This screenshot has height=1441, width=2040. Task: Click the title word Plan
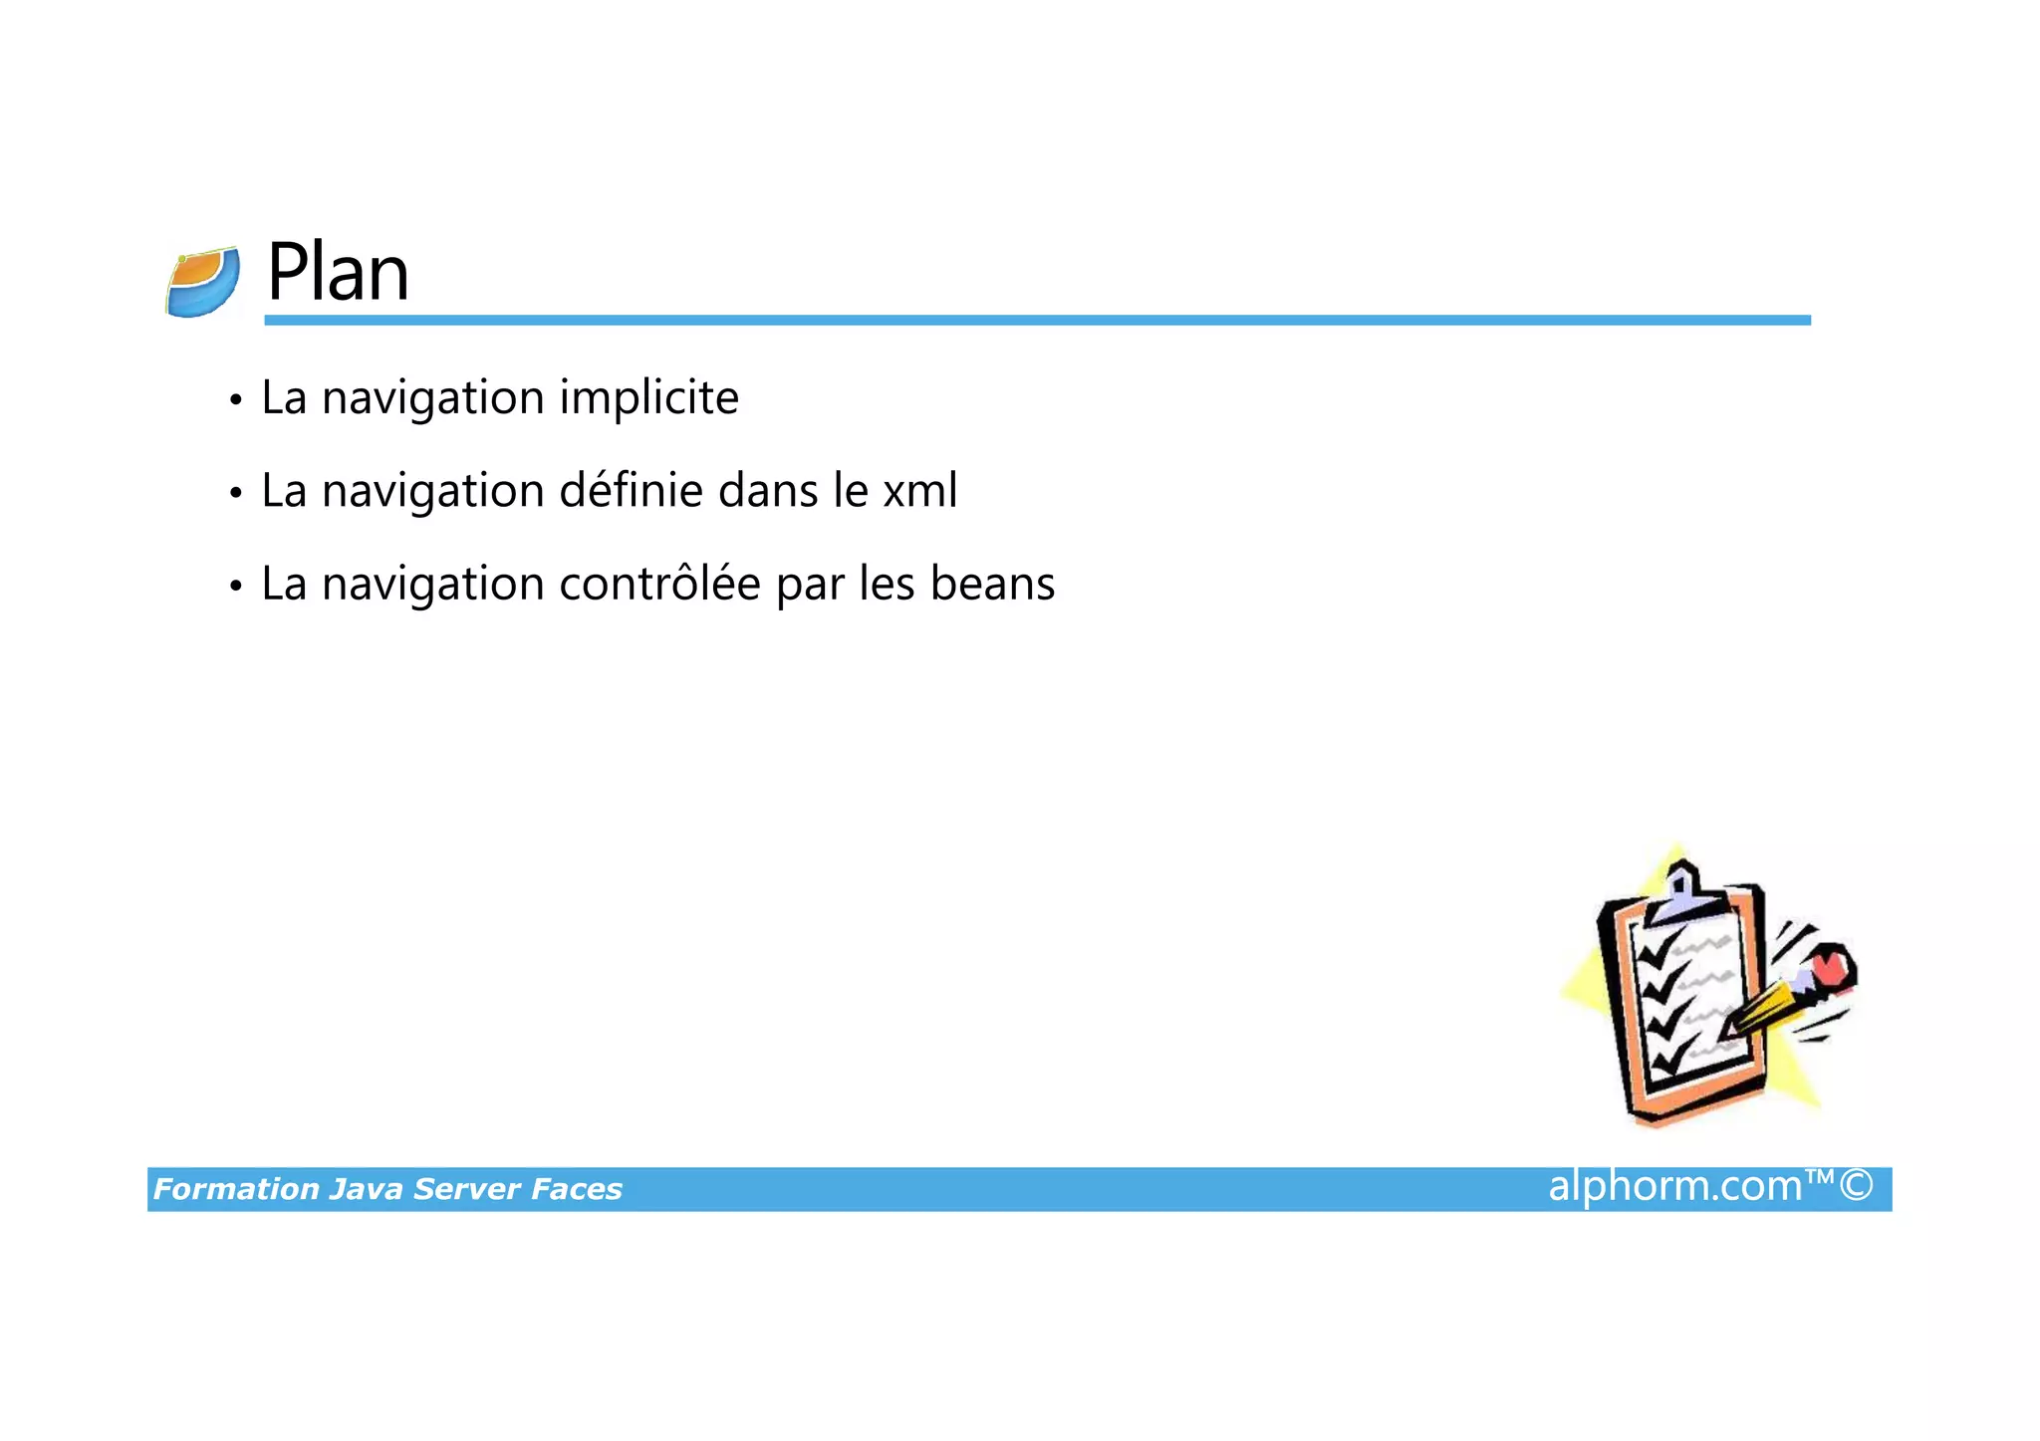pyautogui.click(x=338, y=272)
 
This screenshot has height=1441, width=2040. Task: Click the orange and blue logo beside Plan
pyautogui.click(x=203, y=282)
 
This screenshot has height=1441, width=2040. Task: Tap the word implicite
pyautogui.click(x=648, y=397)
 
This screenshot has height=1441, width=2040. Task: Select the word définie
pyautogui.click(x=631, y=490)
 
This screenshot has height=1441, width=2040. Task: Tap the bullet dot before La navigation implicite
pyautogui.click(x=235, y=400)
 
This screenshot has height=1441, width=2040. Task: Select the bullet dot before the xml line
pyautogui.click(x=235, y=493)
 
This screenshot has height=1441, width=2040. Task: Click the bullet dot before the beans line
pyautogui.click(x=235, y=587)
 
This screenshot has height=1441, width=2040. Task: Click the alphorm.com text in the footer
pyautogui.click(x=1674, y=1186)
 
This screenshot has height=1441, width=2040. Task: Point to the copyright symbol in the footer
pyautogui.click(x=1856, y=1186)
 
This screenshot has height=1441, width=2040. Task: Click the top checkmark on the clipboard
pyautogui.click(x=1658, y=952)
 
